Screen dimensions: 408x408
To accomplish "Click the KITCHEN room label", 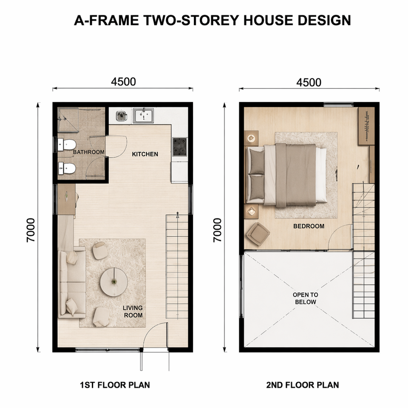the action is click(x=145, y=154).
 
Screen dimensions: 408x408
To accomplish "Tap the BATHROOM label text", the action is click(x=88, y=152).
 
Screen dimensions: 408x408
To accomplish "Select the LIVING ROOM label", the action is click(x=133, y=312).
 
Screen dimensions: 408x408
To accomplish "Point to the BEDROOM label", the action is click(x=309, y=226).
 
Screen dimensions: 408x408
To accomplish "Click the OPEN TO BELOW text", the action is click(x=306, y=298).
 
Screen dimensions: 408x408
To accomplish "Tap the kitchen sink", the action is click(x=144, y=116).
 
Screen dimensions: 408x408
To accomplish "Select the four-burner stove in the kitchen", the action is click(x=180, y=147).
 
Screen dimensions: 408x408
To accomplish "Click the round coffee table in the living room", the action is click(x=114, y=282).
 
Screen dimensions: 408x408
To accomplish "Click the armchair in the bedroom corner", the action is click(x=258, y=234).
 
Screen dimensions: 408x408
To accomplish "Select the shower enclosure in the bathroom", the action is click(x=68, y=120).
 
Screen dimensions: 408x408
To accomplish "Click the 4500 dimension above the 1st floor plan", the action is click(x=123, y=82).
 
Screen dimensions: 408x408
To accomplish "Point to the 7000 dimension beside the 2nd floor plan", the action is click(x=217, y=230).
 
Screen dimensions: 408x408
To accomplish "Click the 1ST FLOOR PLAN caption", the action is click(x=115, y=385).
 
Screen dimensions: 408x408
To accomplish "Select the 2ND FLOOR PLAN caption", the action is click(x=302, y=385).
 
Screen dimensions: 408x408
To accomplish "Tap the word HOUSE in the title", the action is click(x=269, y=20).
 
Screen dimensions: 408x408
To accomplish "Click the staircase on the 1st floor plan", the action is click(x=177, y=266).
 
